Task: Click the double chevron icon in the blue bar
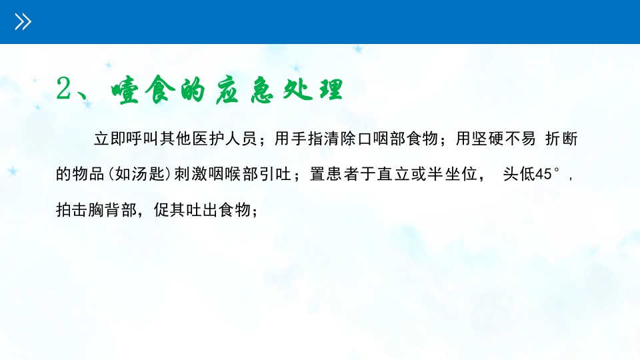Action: tap(23, 23)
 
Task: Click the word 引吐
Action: tap(283, 175)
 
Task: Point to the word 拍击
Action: tap(72, 211)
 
